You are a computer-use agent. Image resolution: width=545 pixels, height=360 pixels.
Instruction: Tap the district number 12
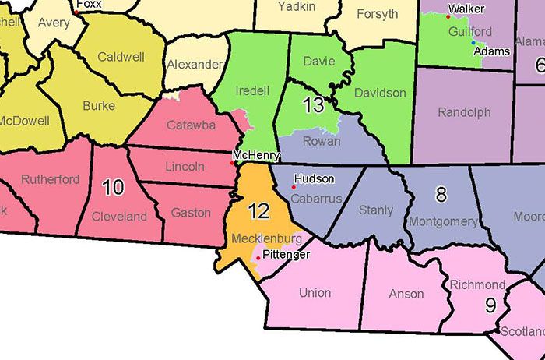(259, 210)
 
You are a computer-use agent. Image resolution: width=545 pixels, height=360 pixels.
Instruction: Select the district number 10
(113, 187)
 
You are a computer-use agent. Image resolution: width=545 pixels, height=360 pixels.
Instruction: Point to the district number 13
(313, 105)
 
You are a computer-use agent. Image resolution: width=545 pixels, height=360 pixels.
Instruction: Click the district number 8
(441, 195)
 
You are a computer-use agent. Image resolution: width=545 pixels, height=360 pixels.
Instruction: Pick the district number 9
(490, 305)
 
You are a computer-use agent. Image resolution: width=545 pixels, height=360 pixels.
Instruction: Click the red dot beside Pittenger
(258, 256)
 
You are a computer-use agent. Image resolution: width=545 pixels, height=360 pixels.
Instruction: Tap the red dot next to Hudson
(294, 187)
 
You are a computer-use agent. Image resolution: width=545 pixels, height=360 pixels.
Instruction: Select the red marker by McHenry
(234, 163)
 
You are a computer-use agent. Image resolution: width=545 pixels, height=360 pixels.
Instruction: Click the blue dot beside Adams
(473, 42)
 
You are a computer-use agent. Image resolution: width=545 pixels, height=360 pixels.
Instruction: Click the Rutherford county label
(51, 179)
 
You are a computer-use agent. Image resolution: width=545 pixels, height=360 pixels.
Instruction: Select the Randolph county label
(464, 112)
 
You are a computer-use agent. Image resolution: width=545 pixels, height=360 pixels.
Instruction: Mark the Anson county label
(406, 294)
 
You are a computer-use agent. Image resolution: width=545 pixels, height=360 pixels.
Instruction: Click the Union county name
(315, 293)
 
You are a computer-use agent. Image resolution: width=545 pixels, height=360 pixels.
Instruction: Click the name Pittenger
(287, 255)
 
